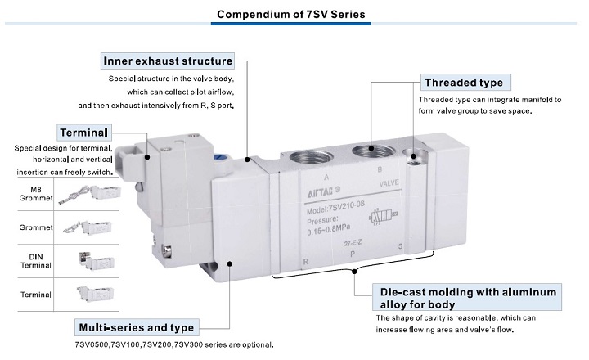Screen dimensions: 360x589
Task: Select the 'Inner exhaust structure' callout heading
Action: coord(168,61)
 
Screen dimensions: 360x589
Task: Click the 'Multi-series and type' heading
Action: coord(136,326)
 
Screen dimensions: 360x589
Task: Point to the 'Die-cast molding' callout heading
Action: coord(468,297)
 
